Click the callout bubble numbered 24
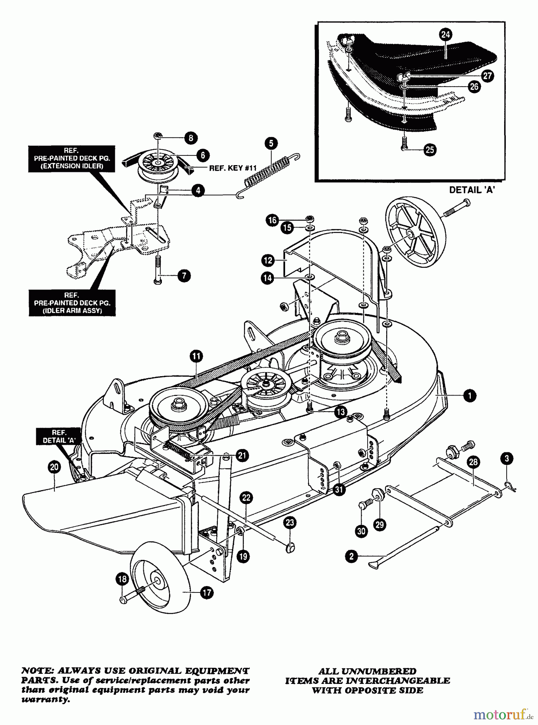click(445, 35)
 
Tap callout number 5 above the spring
click(271, 143)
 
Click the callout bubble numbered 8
click(190, 138)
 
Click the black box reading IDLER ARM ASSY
click(72, 302)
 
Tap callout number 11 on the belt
click(197, 356)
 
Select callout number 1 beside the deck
click(470, 396)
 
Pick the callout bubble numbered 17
click(207, 592)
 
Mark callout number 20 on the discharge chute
click(54, 467)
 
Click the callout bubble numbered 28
click(473, 462)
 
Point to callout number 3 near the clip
click(507, 458)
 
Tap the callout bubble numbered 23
click(290, 523)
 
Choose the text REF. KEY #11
click(233, 168)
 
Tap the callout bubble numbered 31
click(340, 489)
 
